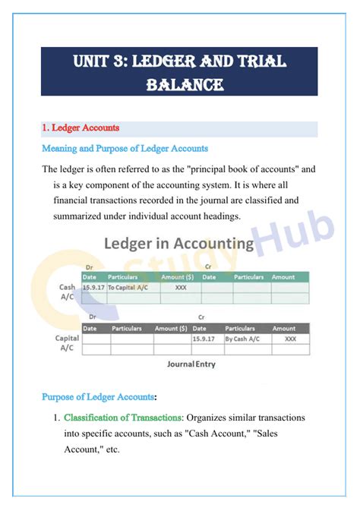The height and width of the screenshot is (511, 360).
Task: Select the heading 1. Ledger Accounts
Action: click(x=81, y=128)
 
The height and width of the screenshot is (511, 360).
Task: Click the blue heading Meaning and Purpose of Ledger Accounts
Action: click(x=125, y=149)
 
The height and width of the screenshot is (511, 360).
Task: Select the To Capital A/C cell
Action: click(x=127, y=289)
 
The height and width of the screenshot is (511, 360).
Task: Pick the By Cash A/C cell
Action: click(x=243, y=339)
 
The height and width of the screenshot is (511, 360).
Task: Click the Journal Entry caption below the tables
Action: click(x=191, y=364)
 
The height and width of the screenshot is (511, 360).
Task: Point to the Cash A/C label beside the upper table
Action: click(x=67, y=293)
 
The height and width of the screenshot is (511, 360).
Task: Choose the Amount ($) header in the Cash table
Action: click(x=178, y=278)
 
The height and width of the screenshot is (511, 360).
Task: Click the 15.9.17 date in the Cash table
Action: click(x=93, y=289)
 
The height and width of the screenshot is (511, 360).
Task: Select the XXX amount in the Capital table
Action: click(x=290, y=339)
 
